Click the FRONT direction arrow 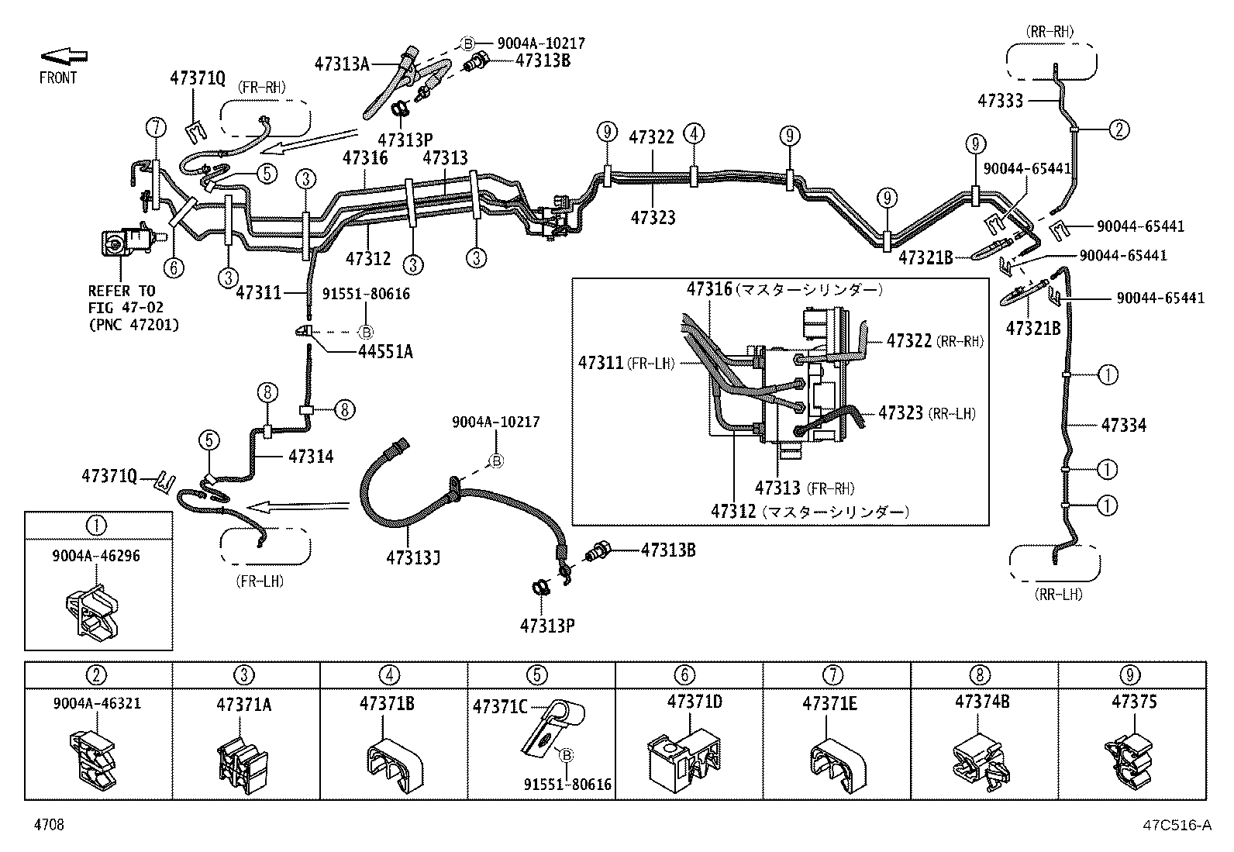[64, 56]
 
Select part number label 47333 [1000, 101]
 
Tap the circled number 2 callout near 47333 [1119, 129]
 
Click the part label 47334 [1123, 425]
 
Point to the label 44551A [385, 352]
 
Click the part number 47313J [414, 557]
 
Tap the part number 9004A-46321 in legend [98, 704]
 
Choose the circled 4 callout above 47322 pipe [694, 133]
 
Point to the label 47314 [311, 457]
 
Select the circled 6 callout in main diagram [174, 267]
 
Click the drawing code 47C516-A [1175, 826]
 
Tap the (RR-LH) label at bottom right [1057, 594]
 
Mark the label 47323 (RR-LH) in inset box [926, 413]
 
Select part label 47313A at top [342, 64]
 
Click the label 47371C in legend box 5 [500, 706]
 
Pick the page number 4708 [48, 826]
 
